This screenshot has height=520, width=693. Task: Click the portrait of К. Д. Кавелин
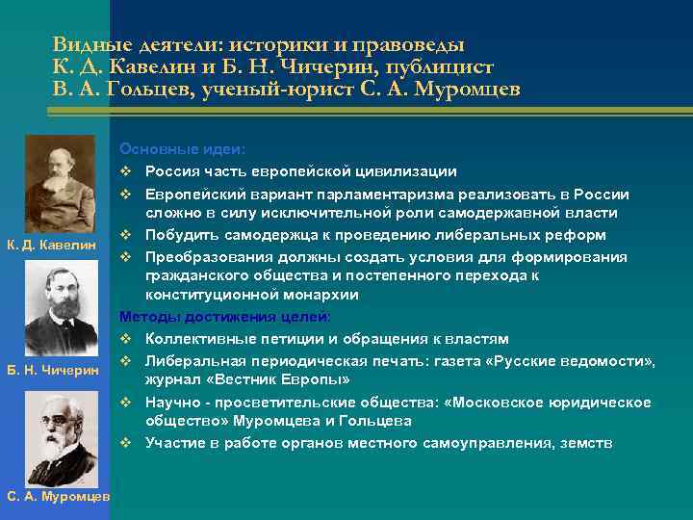click(x=60, y=182)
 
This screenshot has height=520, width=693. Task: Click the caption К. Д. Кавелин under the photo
click(x=60, y=246)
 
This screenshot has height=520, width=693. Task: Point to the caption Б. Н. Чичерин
click(x=60, y=371)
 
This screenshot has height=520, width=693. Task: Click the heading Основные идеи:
click(x=182, y=150)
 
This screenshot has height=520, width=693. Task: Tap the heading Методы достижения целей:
click(x=225, y=317)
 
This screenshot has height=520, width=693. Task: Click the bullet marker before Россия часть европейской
click(x=125, y=171)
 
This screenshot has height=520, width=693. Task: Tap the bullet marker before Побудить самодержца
click(x=125, y=235)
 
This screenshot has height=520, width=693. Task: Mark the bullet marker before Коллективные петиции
click(x=125, y=339)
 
